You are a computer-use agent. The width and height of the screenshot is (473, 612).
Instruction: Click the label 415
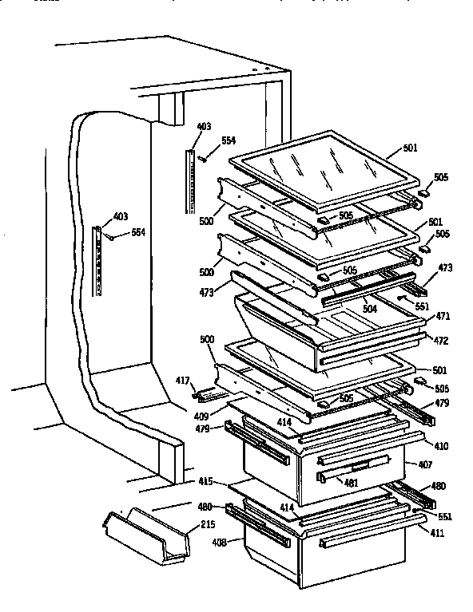[x=206, y=482]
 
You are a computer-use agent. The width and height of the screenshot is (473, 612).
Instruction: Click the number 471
[x=441, y=316]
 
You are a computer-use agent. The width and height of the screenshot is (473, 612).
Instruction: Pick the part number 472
[x=441, y=340]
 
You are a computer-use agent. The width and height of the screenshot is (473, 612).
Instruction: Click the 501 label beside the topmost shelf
[x=410, y=148]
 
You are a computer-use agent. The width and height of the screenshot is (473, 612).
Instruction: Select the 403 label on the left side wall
[x=120, y=216]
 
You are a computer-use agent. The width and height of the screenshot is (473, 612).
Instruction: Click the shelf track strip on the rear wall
[x=190, y=180]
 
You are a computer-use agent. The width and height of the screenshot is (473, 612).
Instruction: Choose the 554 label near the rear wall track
[x=229, y=140]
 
